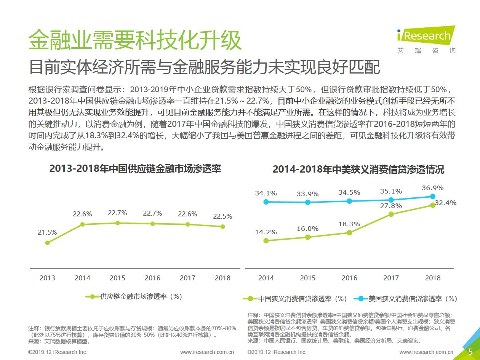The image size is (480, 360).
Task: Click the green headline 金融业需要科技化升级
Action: [x=135, y=40]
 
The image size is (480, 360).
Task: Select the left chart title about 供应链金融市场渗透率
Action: [x=135, y=169]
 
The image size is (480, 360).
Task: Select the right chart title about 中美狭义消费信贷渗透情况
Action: [x=358, y=170]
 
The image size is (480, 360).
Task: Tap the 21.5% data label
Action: [x=47, y=232]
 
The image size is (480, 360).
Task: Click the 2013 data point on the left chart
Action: [x=47, y=243]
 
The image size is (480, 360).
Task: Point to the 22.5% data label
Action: [x=222, y=216]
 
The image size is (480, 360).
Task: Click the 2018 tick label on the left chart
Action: [x=222, y=278]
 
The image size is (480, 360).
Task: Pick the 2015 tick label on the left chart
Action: [x=117, y=278]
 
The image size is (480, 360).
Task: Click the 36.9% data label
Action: [x=433, y=188]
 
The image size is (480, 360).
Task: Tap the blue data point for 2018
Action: [x=433, y=197]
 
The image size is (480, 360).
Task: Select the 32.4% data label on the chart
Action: [x=446, y=203]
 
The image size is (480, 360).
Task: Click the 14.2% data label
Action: [x=266, y=232]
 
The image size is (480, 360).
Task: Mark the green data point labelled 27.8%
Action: [x=391, y=214]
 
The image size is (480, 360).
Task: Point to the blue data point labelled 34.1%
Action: [x=266, y=202]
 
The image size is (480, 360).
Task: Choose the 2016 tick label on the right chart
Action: [x=349, y=278]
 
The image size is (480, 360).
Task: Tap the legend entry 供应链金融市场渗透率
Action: [x=135, y=296]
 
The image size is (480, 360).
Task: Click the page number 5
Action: [x=470, y=351]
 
